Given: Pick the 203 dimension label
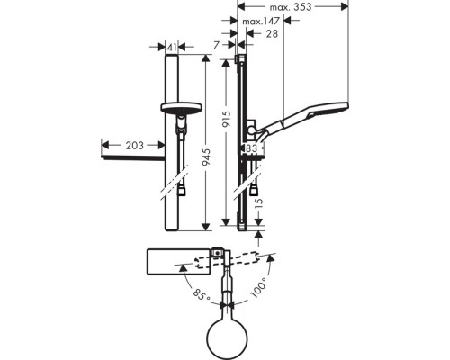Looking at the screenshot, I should click(132, 144).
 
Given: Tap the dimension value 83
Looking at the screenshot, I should click(251, 148).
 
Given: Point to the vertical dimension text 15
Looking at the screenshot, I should click(256, 208).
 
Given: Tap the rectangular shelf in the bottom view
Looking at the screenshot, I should click(175, 261).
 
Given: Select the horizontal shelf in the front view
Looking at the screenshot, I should click(135, 157).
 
